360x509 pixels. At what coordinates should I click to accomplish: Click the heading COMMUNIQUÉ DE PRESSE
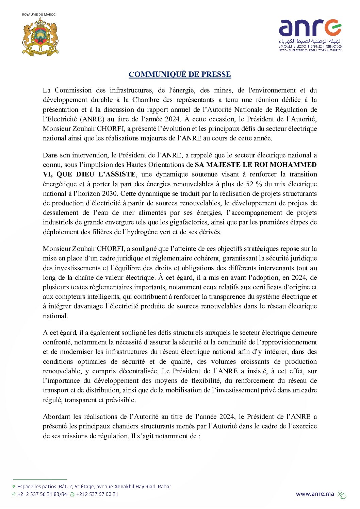[180, 74]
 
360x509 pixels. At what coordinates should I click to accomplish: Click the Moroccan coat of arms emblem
[40, 37]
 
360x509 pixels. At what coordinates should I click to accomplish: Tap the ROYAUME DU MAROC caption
[38, 15]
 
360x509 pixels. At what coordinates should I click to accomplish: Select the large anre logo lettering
[310, 28]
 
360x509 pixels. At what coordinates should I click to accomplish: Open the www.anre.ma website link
[315, 494]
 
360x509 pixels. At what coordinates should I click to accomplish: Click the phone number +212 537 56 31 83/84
[42, 494]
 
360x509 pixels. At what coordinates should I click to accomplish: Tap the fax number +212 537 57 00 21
[97, 494]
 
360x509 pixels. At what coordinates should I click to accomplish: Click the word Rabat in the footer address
[164, 487]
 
